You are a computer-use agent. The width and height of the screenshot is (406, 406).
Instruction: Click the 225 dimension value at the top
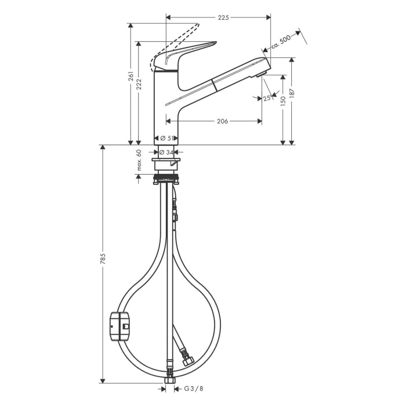(223, 17)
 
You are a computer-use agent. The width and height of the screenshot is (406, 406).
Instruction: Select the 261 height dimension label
(131, 75)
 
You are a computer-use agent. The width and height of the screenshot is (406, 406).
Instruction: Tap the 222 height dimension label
(139, 85)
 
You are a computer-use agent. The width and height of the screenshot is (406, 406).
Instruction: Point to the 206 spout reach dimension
(222, 121)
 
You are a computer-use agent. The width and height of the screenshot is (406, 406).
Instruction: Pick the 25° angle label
(267, 99)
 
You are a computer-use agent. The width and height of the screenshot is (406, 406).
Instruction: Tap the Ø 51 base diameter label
(166, 138)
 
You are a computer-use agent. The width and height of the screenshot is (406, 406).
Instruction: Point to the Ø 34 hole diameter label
(166, 152)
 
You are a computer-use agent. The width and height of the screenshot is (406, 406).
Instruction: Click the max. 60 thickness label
(139, 161)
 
